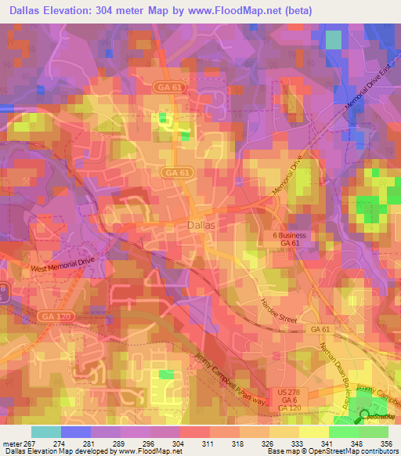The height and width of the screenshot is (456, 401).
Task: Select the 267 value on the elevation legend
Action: tap(31, 443)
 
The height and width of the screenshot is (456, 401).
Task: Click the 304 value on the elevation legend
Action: tap(179, 443)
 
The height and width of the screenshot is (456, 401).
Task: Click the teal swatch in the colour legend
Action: tap(45, 431)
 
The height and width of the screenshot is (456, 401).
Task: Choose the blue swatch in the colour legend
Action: tap(75, 431)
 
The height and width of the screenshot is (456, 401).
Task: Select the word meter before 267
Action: tap(11, 443)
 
